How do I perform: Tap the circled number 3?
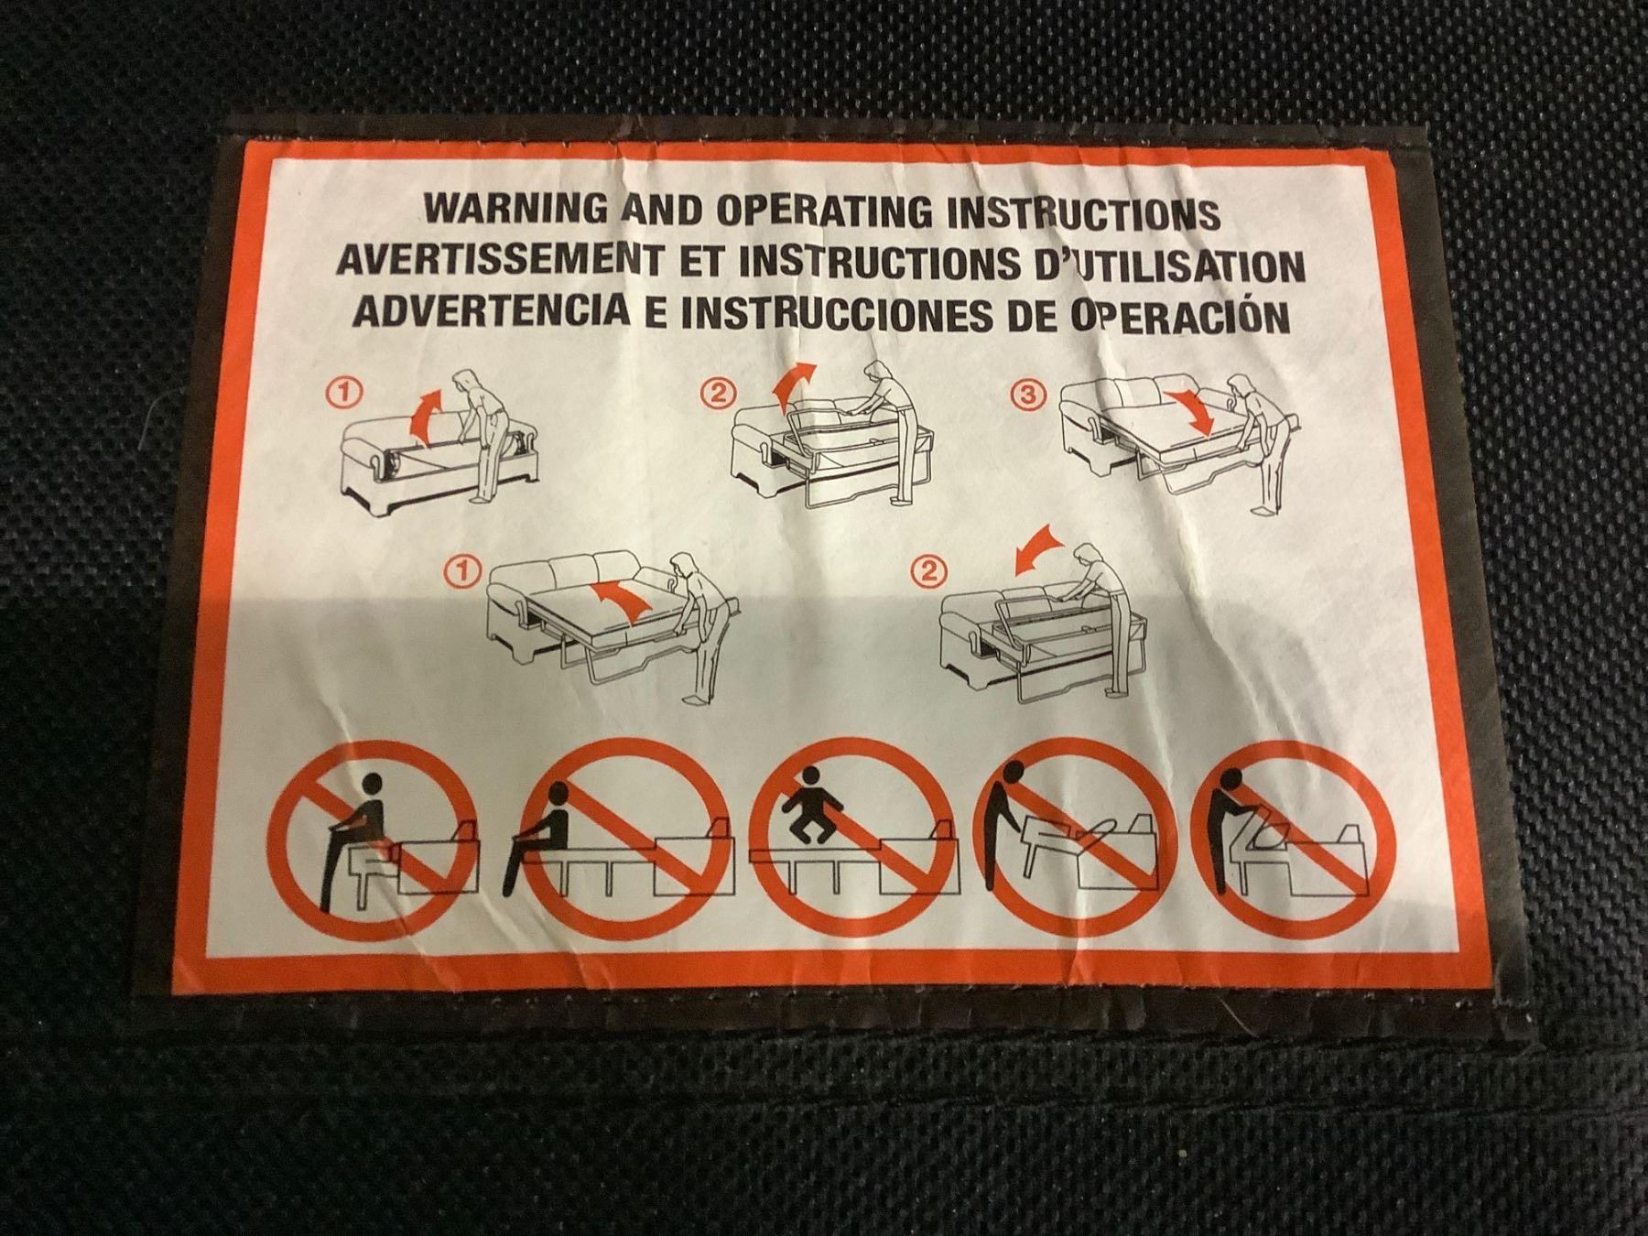coord(1028,396)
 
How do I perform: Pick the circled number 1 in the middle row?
coord(464,571)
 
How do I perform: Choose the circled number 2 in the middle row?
coord(927,573)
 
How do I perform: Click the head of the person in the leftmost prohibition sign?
coord(373,784)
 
